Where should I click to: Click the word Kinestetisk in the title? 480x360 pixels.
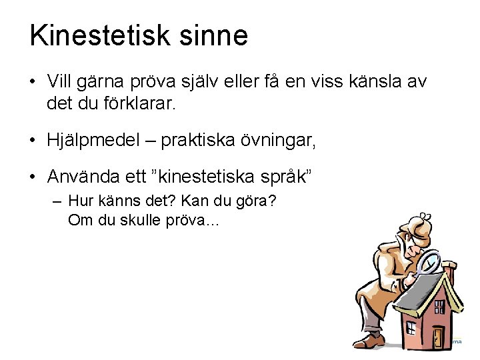pos(98,35)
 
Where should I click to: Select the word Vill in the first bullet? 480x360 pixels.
pos(61,81)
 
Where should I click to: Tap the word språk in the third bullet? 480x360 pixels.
pos(279,177)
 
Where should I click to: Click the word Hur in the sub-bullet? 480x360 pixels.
pos(81,202)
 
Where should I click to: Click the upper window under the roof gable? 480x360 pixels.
pos(439,307)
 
